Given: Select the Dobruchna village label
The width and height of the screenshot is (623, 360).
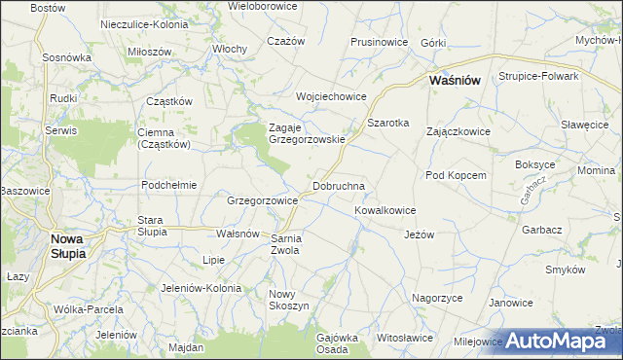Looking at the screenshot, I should pos(338,185).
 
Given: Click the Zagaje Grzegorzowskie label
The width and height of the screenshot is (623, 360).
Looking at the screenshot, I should pos(307,133).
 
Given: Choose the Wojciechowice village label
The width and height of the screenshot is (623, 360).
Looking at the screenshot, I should pos(331,96).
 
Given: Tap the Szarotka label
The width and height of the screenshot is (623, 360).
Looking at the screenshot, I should pos(387,124).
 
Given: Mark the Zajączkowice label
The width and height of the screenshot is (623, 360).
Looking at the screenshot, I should pos(458,131).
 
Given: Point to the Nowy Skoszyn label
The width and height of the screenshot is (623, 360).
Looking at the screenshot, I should pos(288,300).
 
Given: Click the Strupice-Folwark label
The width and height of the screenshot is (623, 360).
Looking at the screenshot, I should pos(538,76).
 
